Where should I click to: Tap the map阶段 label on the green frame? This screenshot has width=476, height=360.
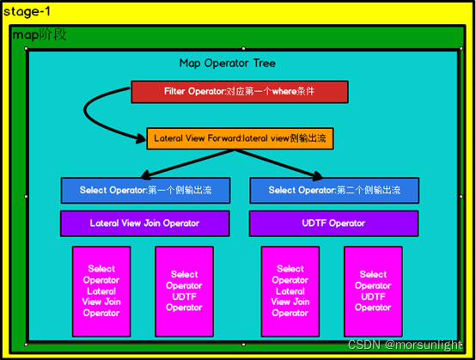pos(40,35)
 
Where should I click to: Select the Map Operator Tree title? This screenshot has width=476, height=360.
pos(227,64)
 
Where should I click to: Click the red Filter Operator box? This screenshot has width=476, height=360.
pos(239,91)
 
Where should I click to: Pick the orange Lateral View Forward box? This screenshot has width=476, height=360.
pos(238,137)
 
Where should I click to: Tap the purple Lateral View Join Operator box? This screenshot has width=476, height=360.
pos(144,223)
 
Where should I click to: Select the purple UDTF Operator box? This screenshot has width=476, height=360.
pos(333,223)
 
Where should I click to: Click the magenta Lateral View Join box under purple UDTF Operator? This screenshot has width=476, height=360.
pos(290,291)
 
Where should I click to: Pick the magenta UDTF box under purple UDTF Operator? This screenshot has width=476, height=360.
pos(373,291)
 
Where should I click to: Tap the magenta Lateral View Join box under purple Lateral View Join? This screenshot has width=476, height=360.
pos(101,291)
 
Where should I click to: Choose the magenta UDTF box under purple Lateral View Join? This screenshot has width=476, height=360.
pos(184,291)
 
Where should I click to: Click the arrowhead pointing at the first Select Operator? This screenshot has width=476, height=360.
pos(140,173)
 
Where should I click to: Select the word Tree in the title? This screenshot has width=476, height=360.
pos(264,64)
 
